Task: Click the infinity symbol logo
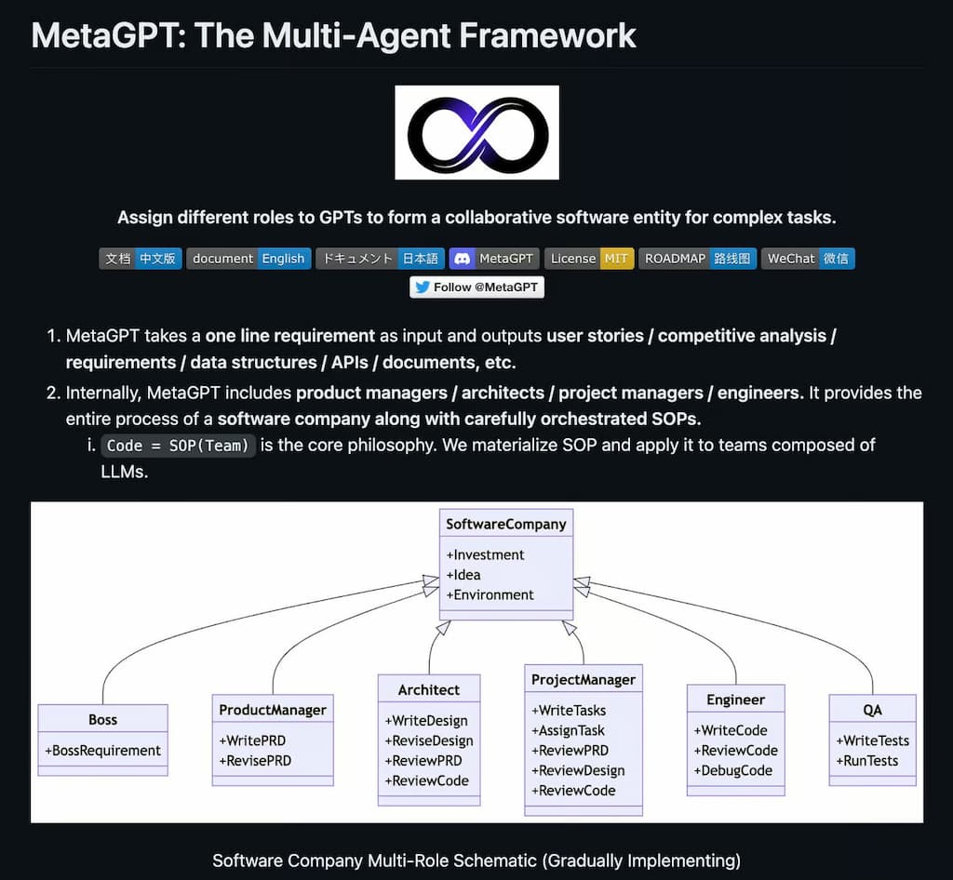pyautogui.click(x=476, y=132)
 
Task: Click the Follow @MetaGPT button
pyautogui.click(x=476, y=287)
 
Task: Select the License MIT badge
pyautogui.click(x=588, y=259)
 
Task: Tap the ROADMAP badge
pyautogui.click(x=696, y=259)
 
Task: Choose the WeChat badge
pyautogui.click(x=807, y=259)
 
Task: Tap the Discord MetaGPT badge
pyautogui.click(x=493, y=259)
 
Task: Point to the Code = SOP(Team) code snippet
pyautogui.click(x=177, y=446)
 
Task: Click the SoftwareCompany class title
pyautogui.click(x=505, y=524)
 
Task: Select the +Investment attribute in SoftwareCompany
pyautogui.click(x=485, y=554)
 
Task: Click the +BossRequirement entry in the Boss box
pyautogui.click(x=102, y=751)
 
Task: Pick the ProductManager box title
pyautogui.click(x=273, y=710)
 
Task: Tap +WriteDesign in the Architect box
pyautogui.click(x=426, y=720)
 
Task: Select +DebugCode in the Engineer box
pyautogui.click(x=733, y=770)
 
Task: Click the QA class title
pyautogui.click(x=872, y=710)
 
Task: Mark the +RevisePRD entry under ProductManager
pyautogui.click(x=255, y=760)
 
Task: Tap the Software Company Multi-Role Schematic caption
pyautogui.click(x=476, y=860)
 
